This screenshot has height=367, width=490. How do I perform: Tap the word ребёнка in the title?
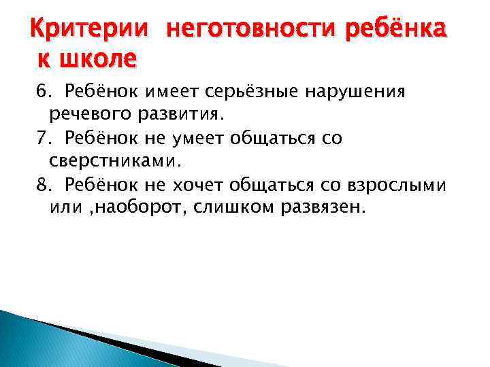[x=389, y=31]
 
